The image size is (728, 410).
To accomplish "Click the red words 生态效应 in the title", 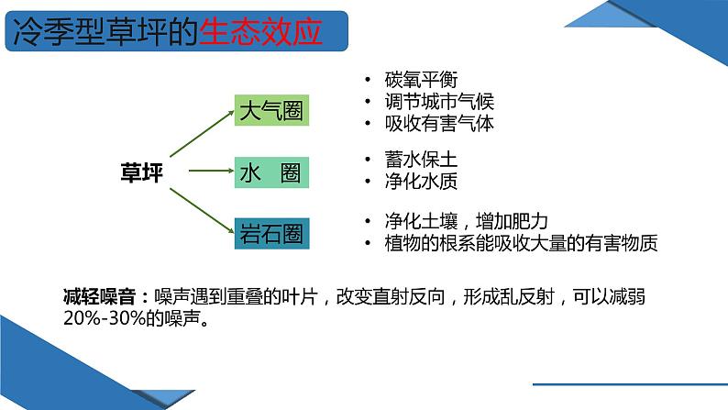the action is click(260, 32).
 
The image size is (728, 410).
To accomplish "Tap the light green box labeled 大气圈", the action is click(271, 110).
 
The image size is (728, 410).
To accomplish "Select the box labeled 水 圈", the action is click(271, 172).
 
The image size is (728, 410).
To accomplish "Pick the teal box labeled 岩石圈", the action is click(271, 234).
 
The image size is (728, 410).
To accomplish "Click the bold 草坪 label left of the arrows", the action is click(141, 172).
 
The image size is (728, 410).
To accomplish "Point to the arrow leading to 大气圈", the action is click(202, 133).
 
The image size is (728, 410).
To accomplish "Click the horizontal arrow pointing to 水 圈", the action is click(211, 171).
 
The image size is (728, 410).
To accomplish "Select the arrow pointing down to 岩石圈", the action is click(202, 211).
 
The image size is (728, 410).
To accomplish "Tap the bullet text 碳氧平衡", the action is click(421, 80).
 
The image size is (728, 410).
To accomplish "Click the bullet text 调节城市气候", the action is click(439, 101).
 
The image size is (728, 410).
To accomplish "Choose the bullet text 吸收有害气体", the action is click(439, 123).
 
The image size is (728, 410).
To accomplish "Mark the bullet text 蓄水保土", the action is click(421, 160).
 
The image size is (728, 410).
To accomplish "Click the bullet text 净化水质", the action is click(421, 181).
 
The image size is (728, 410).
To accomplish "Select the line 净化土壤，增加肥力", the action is click(466, 221).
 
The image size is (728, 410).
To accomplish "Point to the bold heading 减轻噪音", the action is click(99, 296).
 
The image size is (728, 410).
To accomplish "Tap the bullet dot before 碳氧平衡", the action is click(369, 80).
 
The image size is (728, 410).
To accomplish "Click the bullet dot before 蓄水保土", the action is click(369, 160).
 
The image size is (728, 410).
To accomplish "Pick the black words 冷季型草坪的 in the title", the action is click(105, 32).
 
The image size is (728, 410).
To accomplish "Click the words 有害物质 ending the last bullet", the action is click(622, 243).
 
